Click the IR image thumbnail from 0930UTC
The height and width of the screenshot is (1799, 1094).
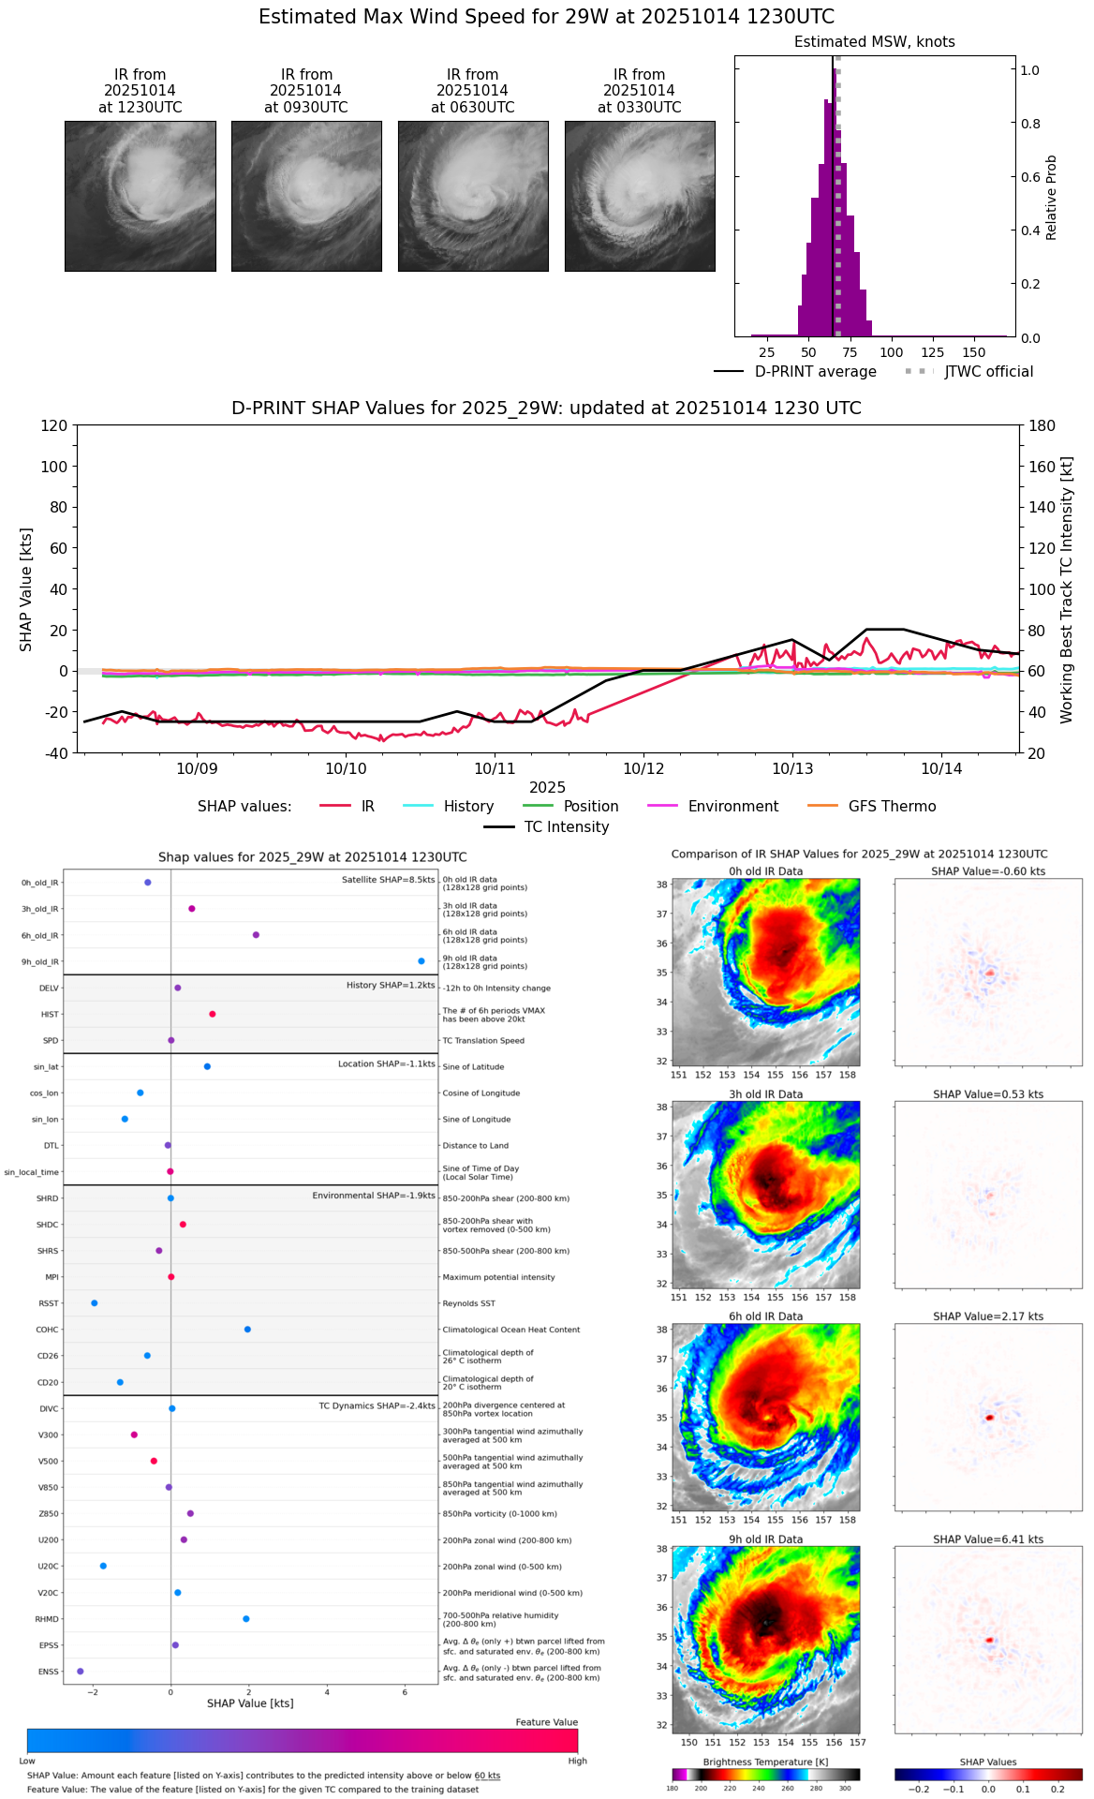pyautogui.click(x=306, y=196)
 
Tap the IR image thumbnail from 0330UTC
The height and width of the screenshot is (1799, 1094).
pyautogui.click(x=640, y=196)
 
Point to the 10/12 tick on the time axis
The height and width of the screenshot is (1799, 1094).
pyautogui.click(x=643, y=768)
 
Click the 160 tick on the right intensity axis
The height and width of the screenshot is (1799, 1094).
pyautogui.click(x=1042, y=467)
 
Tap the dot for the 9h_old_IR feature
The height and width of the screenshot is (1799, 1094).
pyautogui.click(x=421, y=961)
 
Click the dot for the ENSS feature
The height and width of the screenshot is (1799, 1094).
pyautogui.click(x=80, y=1672)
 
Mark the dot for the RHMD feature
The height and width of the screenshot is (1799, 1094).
pyautogui.click(x=246, y=1619)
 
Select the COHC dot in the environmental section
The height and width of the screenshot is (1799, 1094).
pyautogui.click(x=247, y=1330)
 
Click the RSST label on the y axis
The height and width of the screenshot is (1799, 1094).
pyautogui.click(x=49, y=1303)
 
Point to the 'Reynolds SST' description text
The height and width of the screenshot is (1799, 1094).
pyautogui.click(x=469, y=1303)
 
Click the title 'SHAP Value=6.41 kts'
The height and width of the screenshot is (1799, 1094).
pyautogui.click(x=988, y=1539)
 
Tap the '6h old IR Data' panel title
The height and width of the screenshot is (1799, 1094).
pyautogui.click(x=765, y=1316)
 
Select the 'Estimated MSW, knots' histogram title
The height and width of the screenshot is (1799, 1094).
pyautogui.click(x=874, y=42)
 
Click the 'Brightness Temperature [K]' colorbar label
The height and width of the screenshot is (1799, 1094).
pyautogui.click(x=765, y=1762)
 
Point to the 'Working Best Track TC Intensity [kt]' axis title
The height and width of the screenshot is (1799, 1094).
pyautogui.click(x=1067, y=590)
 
